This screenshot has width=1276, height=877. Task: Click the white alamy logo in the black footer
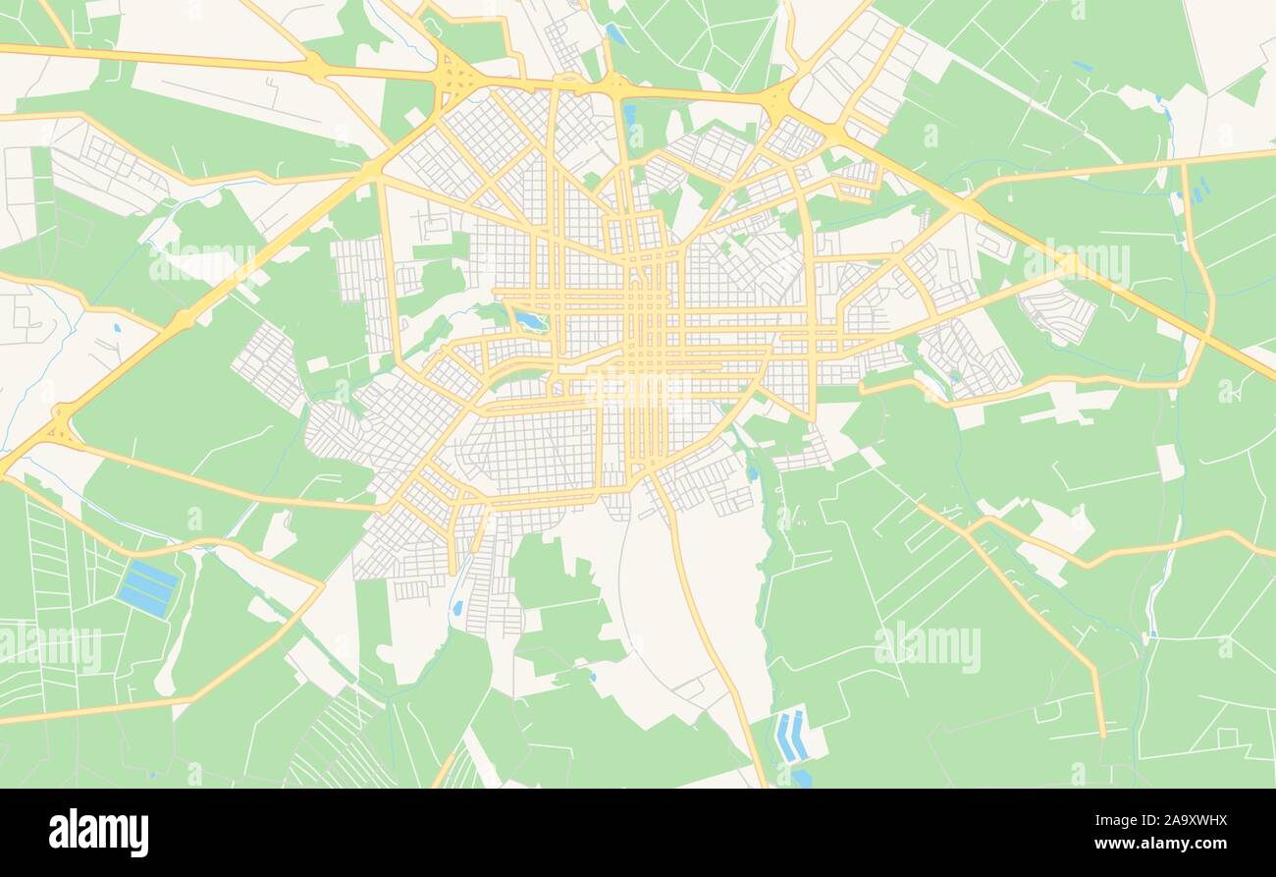98,833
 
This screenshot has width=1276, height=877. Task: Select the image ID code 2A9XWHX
1177,820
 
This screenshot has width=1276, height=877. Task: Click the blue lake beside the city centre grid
530,321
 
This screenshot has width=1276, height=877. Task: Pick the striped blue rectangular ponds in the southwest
148,588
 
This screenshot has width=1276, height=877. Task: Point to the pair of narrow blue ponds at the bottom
791,736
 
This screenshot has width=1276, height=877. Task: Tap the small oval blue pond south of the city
457,608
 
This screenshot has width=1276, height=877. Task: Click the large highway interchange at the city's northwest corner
454,75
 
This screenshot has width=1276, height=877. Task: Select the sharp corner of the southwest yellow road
320,587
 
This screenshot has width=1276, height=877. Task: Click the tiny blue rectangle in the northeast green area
1081,67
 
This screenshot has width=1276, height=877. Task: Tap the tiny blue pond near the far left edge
117,327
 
